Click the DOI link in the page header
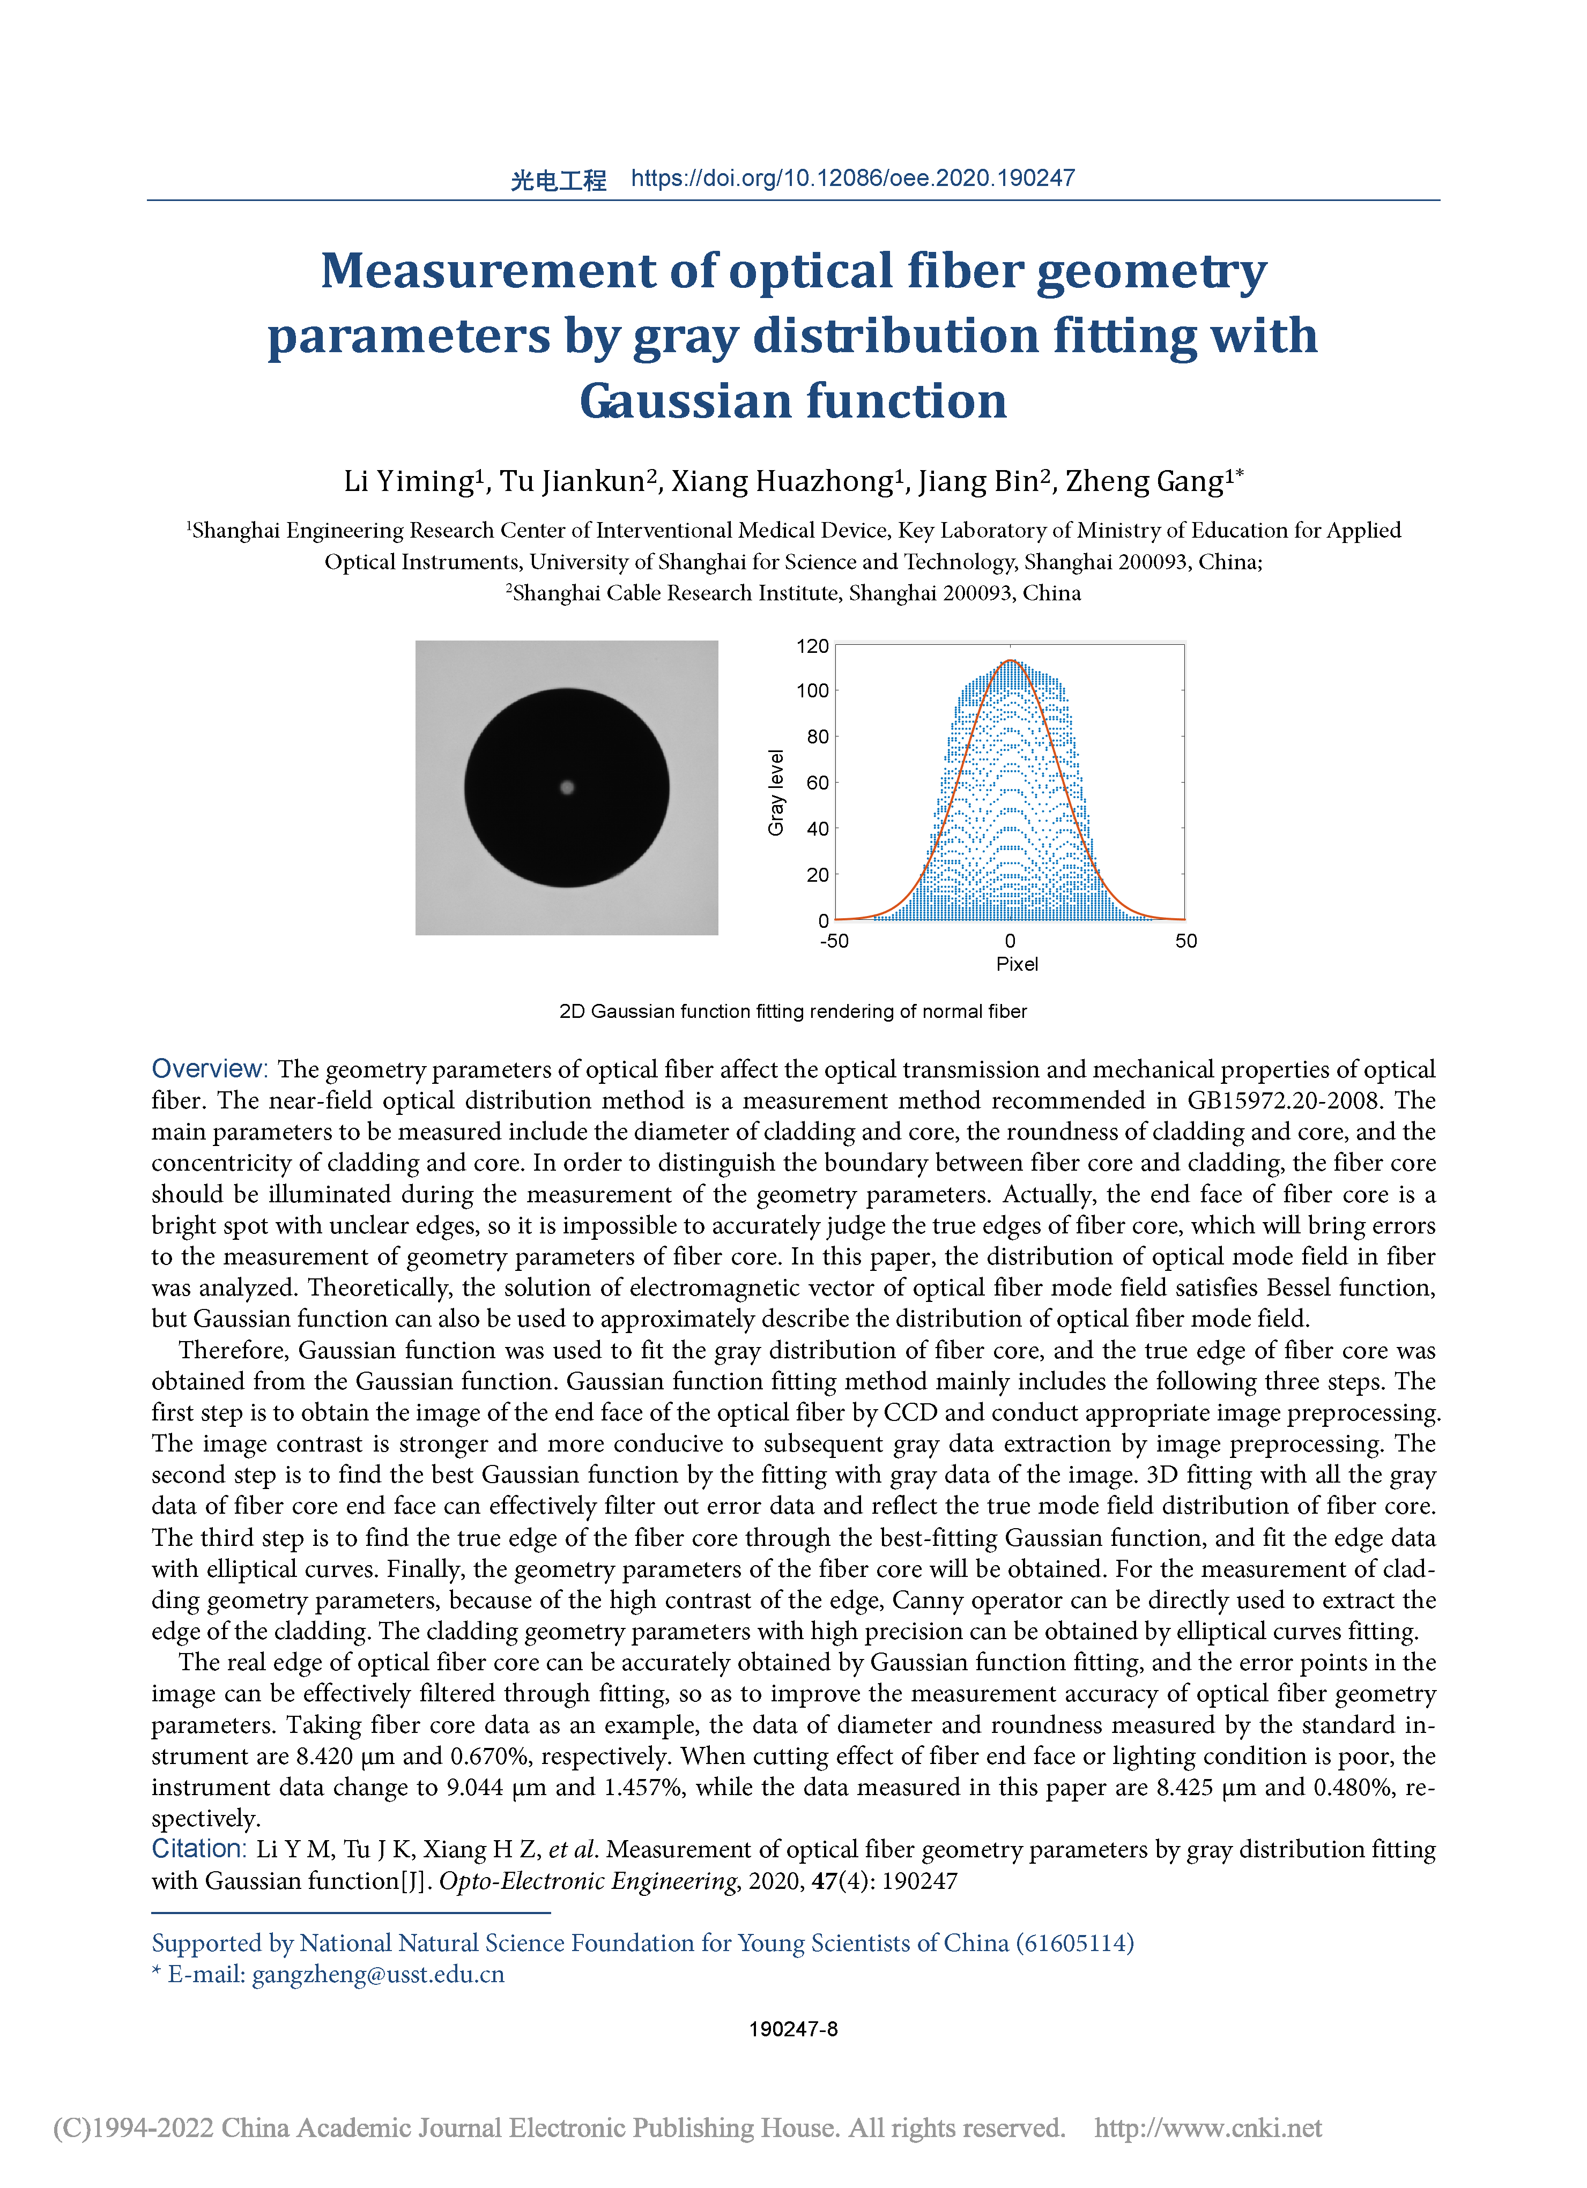[x=853, y=178]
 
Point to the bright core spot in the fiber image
[x=567, y=787]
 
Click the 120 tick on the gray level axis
[x=812, y=646]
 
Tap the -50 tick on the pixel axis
[x=834, y=941]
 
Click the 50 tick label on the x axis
[x=1185, y=941]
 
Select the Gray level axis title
[x=776, y=792]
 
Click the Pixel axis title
[x=1017, y=964]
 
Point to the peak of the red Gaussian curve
[x=1010, y=661]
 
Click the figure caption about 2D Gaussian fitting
[x=793, y=1011]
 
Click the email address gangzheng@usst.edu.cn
[x=378, y=1974]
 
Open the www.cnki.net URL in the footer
[x=1208, y=2127]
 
